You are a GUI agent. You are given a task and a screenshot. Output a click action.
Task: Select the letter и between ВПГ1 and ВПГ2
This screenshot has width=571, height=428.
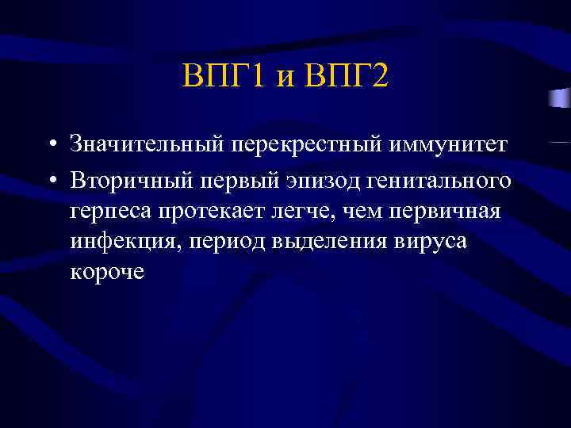(x=286, y=80)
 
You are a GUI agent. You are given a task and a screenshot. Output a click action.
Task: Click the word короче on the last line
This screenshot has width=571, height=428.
(x=107, y=272)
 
